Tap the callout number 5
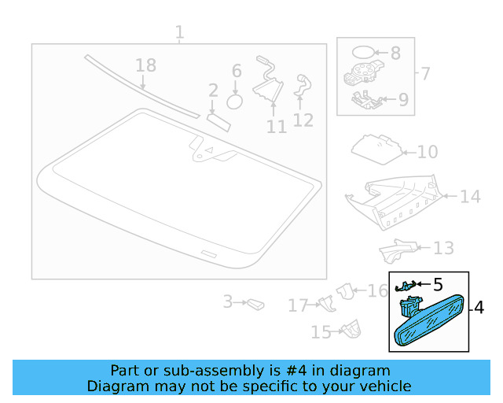(x=438, y=284)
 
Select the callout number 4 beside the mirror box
(x=479, y=308)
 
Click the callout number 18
(x=146, y=65)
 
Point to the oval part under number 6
(x=234, y=102)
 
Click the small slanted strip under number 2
(x=218, y=123)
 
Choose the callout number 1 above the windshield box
(x=180, y=32)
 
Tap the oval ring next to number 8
(x=363, y=52)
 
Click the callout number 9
(x=403, y=100)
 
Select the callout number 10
(x=428, y=152)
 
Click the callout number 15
(x=321, y=332)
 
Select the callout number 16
(x=377, y=291)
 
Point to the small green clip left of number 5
(x=406, y=286)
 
